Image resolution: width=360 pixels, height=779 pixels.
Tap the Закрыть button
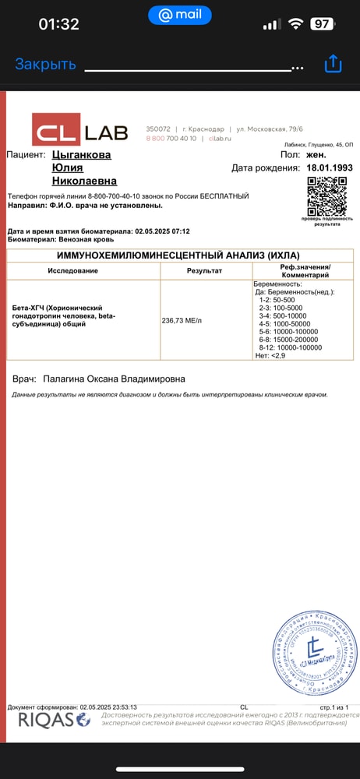point(45,65)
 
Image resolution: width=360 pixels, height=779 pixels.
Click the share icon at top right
point(333,64)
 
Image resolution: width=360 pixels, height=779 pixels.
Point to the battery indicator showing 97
point(319,24)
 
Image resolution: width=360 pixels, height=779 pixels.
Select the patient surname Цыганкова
point(81,155)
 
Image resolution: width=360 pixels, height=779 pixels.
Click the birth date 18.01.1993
point(330,167)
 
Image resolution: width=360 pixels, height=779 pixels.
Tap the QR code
point(326,196)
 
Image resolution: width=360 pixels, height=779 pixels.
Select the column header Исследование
point(73,270)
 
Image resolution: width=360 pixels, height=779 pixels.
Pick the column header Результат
point(204,270)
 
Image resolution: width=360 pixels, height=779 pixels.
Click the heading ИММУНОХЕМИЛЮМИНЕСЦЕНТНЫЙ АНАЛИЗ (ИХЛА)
point(179,255)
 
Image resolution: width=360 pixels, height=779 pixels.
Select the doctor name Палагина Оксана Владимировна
point(114,379)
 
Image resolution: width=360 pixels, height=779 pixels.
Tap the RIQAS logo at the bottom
point(54,720)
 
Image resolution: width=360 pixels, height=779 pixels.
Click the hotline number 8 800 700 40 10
point(171,138)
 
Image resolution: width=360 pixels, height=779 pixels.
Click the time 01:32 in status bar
point(58,24)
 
